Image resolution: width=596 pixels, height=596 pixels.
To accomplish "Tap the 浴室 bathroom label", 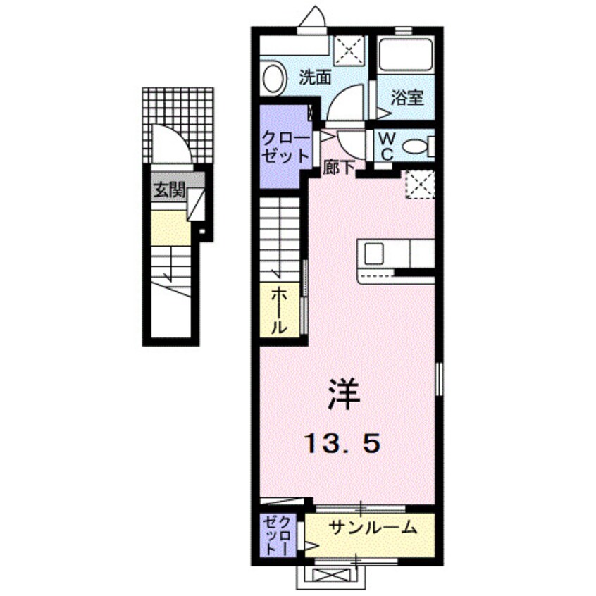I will (407, 98).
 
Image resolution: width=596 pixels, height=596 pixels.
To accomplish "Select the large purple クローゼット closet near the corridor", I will (285, 146).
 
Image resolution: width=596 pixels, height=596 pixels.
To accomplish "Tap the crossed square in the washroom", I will (348, 51).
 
